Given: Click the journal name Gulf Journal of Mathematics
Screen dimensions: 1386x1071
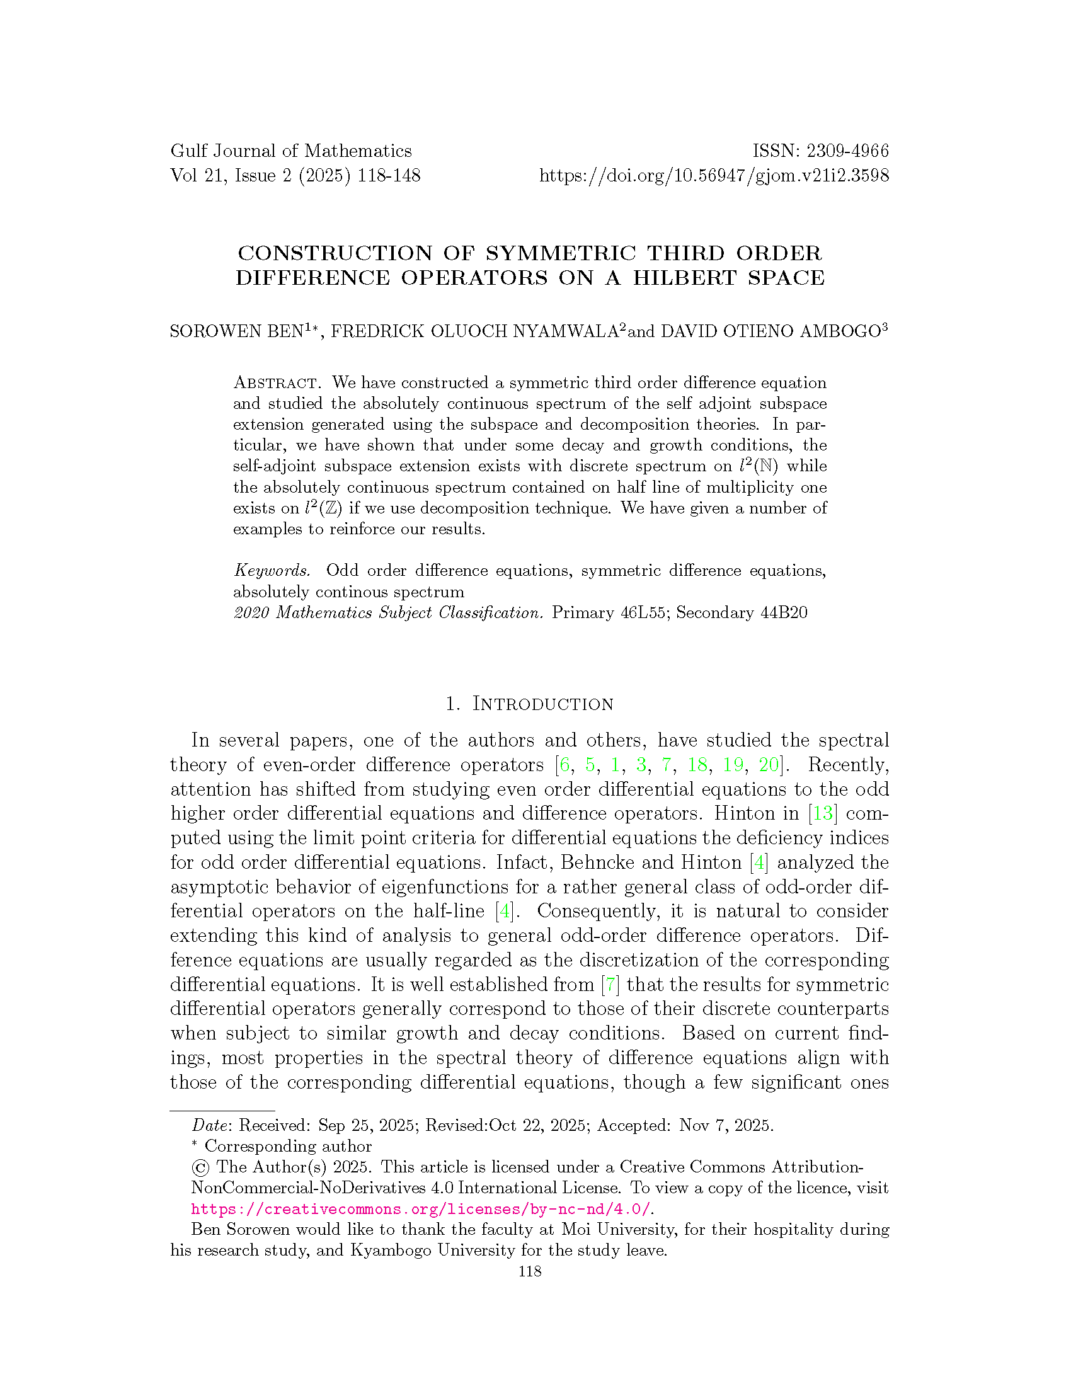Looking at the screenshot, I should (290, 151).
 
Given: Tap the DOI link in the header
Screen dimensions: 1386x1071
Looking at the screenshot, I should (714, 176).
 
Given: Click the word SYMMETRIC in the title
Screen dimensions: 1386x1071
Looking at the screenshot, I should (560, 253).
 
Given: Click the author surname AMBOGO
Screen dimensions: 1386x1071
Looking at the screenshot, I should (840, 331).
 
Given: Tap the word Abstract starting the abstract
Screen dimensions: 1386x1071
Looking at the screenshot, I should (275, 383).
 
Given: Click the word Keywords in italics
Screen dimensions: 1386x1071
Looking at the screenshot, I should (272, 571).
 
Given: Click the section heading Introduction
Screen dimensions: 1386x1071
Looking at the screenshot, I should (542, 704).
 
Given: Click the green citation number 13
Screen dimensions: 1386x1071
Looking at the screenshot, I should (822, 813).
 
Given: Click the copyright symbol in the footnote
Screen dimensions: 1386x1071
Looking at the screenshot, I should (200, 1167).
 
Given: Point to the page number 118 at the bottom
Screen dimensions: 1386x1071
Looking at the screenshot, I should (530, 1271).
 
